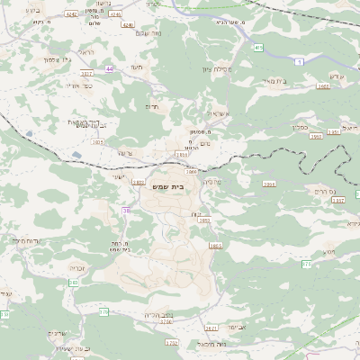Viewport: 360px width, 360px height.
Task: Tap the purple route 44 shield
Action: [110, 67]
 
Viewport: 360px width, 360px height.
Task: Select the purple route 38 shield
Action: [125, 210]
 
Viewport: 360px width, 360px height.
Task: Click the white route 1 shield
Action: [298, 62]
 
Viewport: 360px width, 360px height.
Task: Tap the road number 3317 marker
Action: [86, 74]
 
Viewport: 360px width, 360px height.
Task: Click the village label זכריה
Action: [77, 267]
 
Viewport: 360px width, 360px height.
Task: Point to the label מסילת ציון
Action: [216, 70]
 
